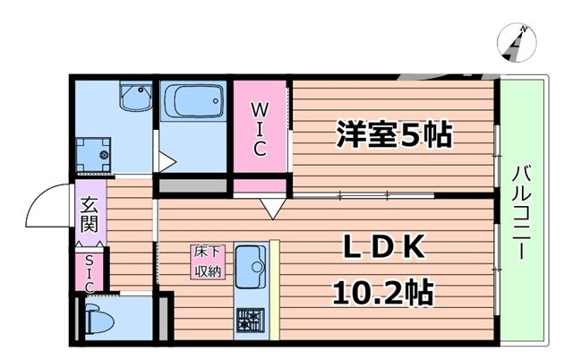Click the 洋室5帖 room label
(x=394, y=136)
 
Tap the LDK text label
(x=381, y=248)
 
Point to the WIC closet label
(x=259, y=129)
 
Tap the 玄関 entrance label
(x=90, y=216)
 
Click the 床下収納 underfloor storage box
(x=209, y=261)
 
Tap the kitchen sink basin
(x=254, y=266)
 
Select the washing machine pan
(x=96, y=154)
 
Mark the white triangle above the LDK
(x=269, y=209)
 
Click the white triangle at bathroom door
(x=165, y=162)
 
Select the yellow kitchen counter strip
(x=275, y=287)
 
